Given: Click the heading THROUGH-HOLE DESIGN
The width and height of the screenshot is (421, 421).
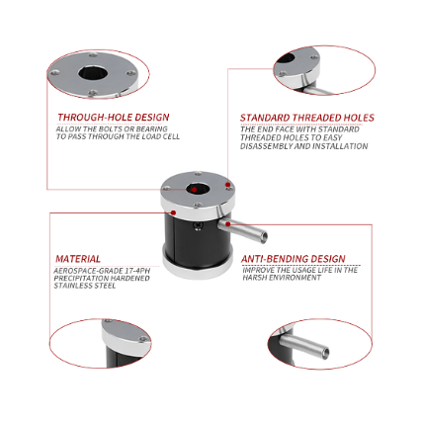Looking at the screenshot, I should pyautogui.click(x=113, y=118).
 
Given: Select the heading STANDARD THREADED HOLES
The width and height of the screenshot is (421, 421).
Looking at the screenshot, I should pyautogui.click(x=306, y=118).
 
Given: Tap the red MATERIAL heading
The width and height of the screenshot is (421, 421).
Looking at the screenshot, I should pyautogui.click(x=78, y=259).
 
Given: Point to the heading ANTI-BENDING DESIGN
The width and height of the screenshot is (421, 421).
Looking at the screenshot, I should pyautogui.click(x=294, y=259).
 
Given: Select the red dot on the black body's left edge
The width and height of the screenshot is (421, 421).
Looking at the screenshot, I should pyautogui.click(x=172, y=212).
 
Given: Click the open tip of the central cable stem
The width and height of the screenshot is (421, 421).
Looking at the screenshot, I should pyautogui.click(x=263, y=235).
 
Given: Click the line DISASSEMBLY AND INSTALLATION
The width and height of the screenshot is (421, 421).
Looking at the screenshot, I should pyautogui.click(x=303, y=146).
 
